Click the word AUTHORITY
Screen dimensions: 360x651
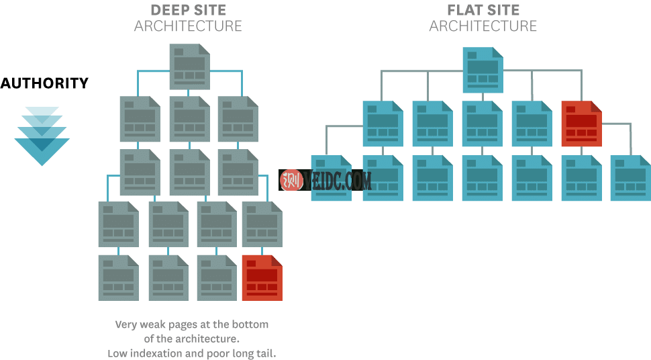(x=44, y=83)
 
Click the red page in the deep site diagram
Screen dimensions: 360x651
(x=262, y=277)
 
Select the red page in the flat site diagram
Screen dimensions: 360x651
(x=581, y=124)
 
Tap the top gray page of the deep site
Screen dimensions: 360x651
(x=189, y=66)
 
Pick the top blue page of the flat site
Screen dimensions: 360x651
(x=482, y=70)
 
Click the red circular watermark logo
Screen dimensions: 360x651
(x=292, y=180)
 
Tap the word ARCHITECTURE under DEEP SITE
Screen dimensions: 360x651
(x=188, y=26)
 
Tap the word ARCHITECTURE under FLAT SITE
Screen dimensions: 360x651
(x=483, y=26)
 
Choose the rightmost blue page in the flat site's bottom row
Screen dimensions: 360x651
(x=630, y=178)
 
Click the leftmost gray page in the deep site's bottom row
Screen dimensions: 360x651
(x=118, y=277)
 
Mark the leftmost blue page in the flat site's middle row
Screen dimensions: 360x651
(x=383, y=124)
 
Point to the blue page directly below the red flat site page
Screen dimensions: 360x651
(x=581, y=178)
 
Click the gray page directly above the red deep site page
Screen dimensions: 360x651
(x=262, y=224)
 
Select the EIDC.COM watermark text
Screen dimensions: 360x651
(x=338, y=180)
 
